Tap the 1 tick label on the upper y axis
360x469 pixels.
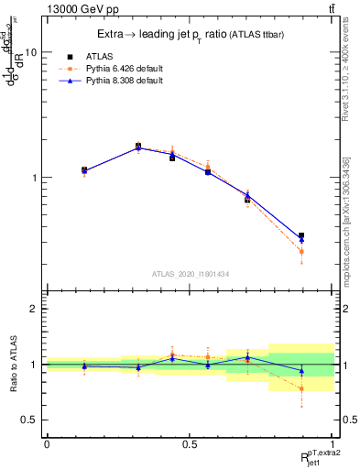pyautogui.click(x=33, y=178)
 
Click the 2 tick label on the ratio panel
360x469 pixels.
pyautogui.click(x=33, y=310)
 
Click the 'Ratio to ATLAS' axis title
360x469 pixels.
pyautogui.click(x=12, y=365)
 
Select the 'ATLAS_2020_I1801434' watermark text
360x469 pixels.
pyautogui.click(x=190, y=274)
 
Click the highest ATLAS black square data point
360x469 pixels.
pyautogui.click(x=138, y=146)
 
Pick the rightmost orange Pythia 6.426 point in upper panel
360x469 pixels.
pyautogui.click(x=301, y=251)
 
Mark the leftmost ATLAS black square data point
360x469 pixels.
pyautogui.click(x=84, y=169)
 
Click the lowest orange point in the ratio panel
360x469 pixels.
pyautogui.click(x=301, y=388)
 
